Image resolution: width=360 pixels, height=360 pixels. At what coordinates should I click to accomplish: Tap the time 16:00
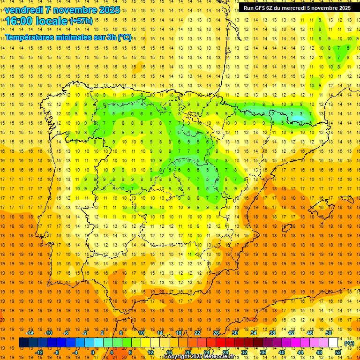19,21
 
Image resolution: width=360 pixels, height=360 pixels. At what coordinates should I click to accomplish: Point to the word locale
51,21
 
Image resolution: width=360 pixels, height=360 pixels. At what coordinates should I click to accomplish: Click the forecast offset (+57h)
81,21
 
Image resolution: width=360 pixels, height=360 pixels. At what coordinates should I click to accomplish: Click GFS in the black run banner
262,8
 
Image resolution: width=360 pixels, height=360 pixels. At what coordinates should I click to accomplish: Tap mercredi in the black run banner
305,8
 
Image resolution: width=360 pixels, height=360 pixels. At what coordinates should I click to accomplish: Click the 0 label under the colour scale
93,352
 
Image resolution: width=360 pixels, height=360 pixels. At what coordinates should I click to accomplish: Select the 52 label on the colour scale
338,352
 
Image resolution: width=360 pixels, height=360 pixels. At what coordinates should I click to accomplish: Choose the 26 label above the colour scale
216,332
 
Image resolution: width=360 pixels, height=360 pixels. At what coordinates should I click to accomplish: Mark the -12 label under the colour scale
39,352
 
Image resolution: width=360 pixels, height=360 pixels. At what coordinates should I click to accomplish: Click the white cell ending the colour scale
333,343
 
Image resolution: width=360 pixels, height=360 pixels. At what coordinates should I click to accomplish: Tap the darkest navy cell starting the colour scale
23,343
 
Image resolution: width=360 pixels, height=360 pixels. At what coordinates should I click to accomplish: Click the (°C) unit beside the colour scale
349,343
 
